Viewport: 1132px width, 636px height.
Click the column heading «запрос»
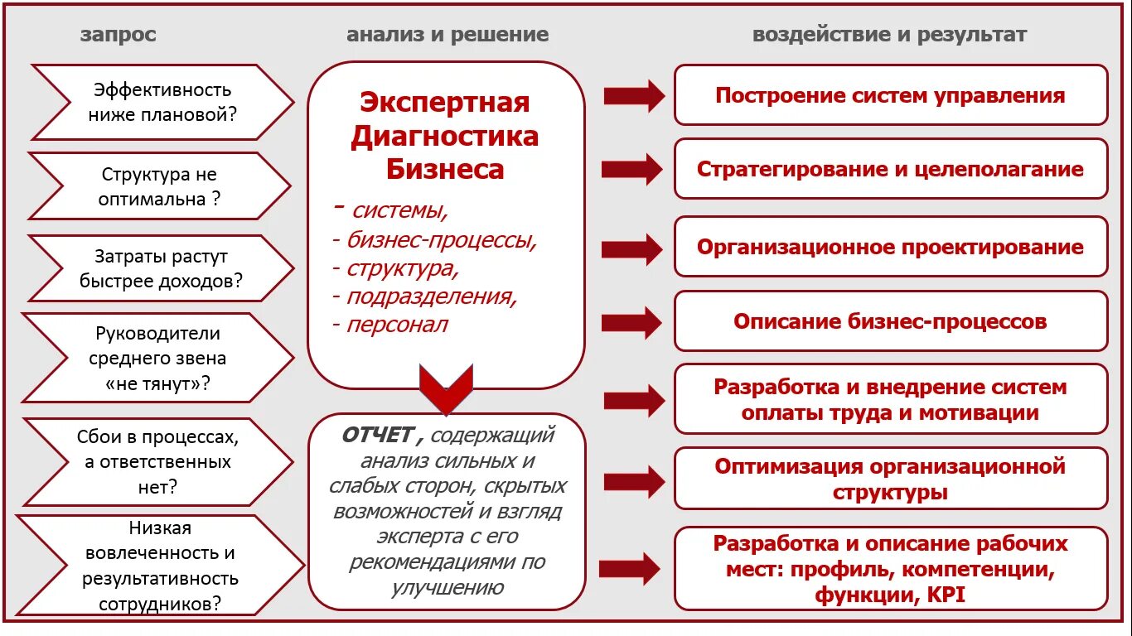coord(118,35)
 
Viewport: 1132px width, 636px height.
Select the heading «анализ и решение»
coord(447,35)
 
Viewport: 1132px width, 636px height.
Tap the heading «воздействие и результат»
coord(889,35)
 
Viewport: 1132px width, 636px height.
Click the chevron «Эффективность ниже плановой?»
coord(162,102)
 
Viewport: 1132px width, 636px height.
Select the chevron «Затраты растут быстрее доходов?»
coord(161,268)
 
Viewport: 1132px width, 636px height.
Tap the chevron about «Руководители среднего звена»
coord(157,359)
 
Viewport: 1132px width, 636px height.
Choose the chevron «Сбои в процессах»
coord(157,461)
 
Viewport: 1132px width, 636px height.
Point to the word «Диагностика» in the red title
coord(445,136)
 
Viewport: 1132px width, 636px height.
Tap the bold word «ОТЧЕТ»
coord(377,435)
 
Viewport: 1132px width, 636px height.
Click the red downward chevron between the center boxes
coord(446,389)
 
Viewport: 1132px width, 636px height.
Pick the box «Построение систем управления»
coord(890,95)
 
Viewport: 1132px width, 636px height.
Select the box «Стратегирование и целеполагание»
coord(890,169)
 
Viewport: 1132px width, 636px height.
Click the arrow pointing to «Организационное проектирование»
coord(631,248)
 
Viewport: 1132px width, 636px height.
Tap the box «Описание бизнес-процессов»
coord(890,321)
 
